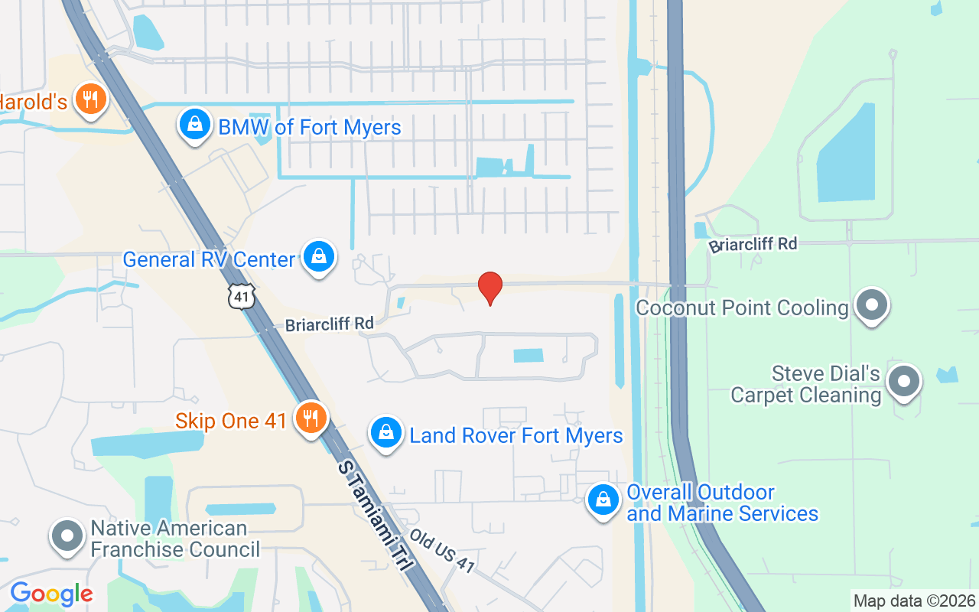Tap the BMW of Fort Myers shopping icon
pyautogui.click(x=195, y=125)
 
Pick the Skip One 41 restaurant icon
pyautogui.click(x=310, y=418)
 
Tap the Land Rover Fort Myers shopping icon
pyautogui.click(x=386, y=434)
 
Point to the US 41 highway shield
pyautogui.click(x=240, y=297)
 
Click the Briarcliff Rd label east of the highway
pyautogui.click(x=753, y=245)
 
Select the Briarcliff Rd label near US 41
pyautogui.click(x=329, y=324)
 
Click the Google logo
pyautogui.click(x=51, y=594)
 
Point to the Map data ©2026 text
pyautogui.click(x=914, y=601)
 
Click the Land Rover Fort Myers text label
pyautogui.click(x=516, y=435)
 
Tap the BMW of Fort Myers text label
pyautogui.click(x=310, y=127)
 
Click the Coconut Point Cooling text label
pyautogui.click(x=743, y=308)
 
